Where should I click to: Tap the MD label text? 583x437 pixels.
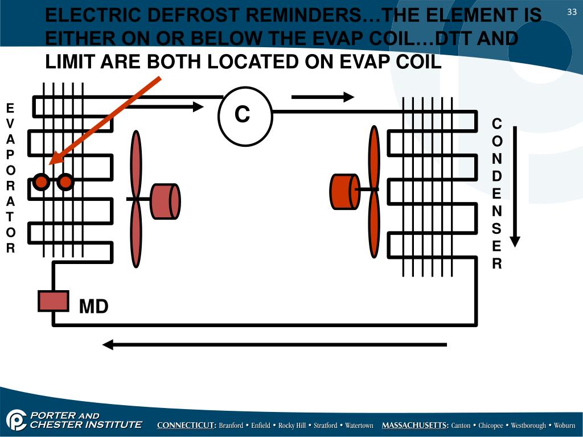[x=93, y=307]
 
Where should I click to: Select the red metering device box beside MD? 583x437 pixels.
[x=54, y=301]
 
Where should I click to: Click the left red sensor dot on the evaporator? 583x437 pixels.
[x=41, y=182]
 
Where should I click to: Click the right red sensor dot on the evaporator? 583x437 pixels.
[x=65, y=182]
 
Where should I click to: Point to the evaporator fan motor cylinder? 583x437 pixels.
[x=166, y=201]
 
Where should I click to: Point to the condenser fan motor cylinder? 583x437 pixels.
[x=345, y=191]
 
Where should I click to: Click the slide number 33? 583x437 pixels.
[x=572, y=13]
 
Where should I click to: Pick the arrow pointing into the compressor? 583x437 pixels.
[x=176, y=106]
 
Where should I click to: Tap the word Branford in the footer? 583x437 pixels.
[x=231, y=426]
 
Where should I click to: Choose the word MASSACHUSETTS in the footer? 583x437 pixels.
[x=415, y=426]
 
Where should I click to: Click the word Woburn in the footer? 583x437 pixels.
[x=564, y=426]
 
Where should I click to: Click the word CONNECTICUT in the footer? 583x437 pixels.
[x=186, y=426]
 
